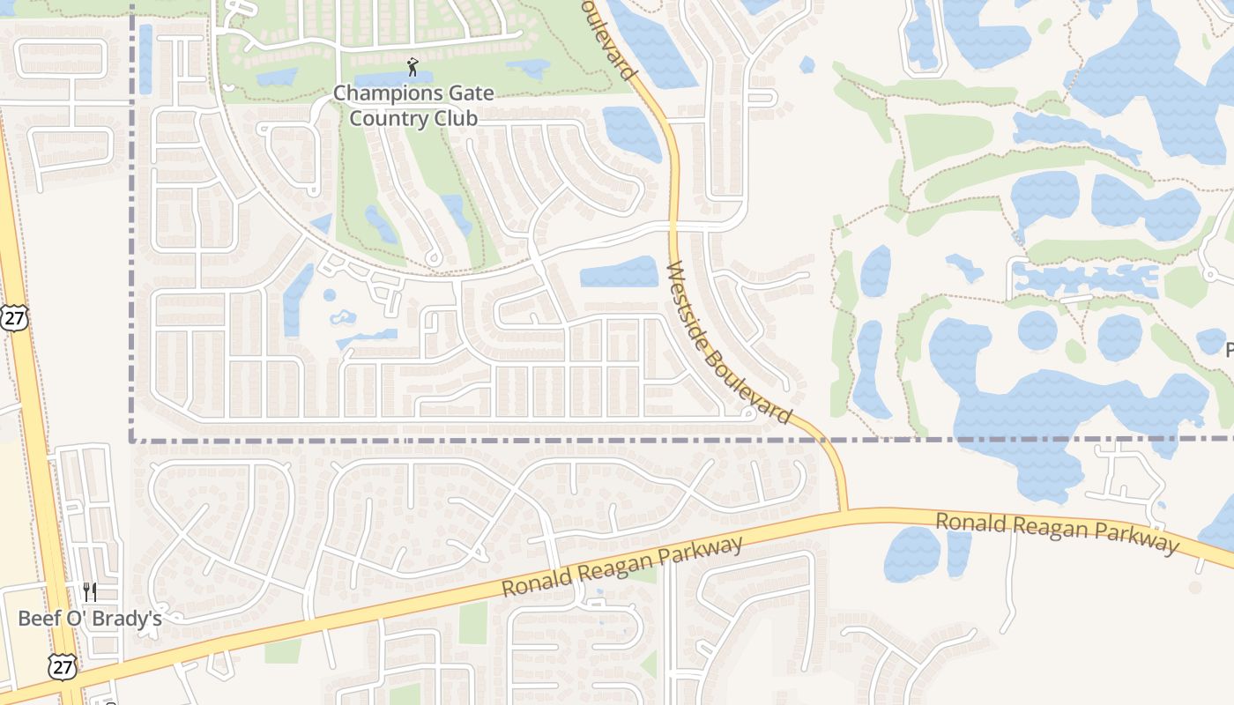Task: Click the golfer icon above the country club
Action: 413,66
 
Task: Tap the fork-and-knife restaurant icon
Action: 90,592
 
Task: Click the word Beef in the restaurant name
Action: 38,619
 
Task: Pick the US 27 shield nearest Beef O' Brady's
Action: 63,667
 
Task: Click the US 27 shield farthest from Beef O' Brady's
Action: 13,318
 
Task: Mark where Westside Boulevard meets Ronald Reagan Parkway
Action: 844,510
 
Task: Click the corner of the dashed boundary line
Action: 132,438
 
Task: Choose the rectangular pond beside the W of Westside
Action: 619,271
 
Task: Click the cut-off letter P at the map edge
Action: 1230,350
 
